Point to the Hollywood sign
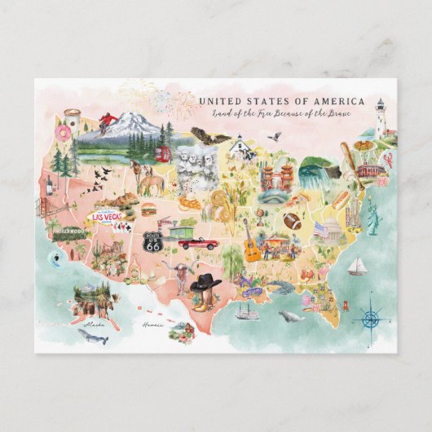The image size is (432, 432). pos(68,231)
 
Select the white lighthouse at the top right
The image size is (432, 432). pos(380,117)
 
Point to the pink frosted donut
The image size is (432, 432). pos(62,131)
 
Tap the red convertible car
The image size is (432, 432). pos(198,243)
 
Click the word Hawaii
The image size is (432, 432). pos(152,324)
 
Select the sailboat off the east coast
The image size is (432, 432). pos(357,267)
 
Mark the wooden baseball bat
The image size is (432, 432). pos(349,162)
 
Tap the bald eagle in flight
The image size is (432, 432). pos(209,136)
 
